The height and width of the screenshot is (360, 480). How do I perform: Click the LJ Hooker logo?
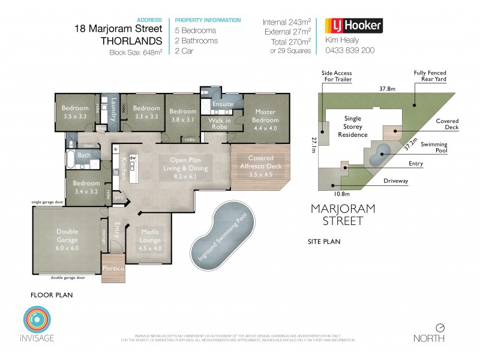point(353,26)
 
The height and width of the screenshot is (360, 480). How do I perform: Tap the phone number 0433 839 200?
point(349,50)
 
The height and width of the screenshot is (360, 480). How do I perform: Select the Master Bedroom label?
point(265,116)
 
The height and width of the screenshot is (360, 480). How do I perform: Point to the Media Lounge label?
point(150,235)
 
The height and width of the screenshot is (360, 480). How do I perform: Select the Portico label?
point(113,269)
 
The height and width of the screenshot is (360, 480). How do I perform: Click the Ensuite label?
point(223,104)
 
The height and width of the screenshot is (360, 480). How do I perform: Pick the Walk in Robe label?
point(220,123)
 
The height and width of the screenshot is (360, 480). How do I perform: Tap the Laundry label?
point(113,109)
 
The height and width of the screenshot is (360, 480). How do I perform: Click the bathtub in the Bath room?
point(73,159)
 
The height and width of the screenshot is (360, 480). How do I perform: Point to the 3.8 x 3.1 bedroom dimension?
point(182,120)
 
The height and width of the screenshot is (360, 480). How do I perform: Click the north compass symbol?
point(440,328)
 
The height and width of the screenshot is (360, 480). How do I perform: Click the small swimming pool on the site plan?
point(379,157)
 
